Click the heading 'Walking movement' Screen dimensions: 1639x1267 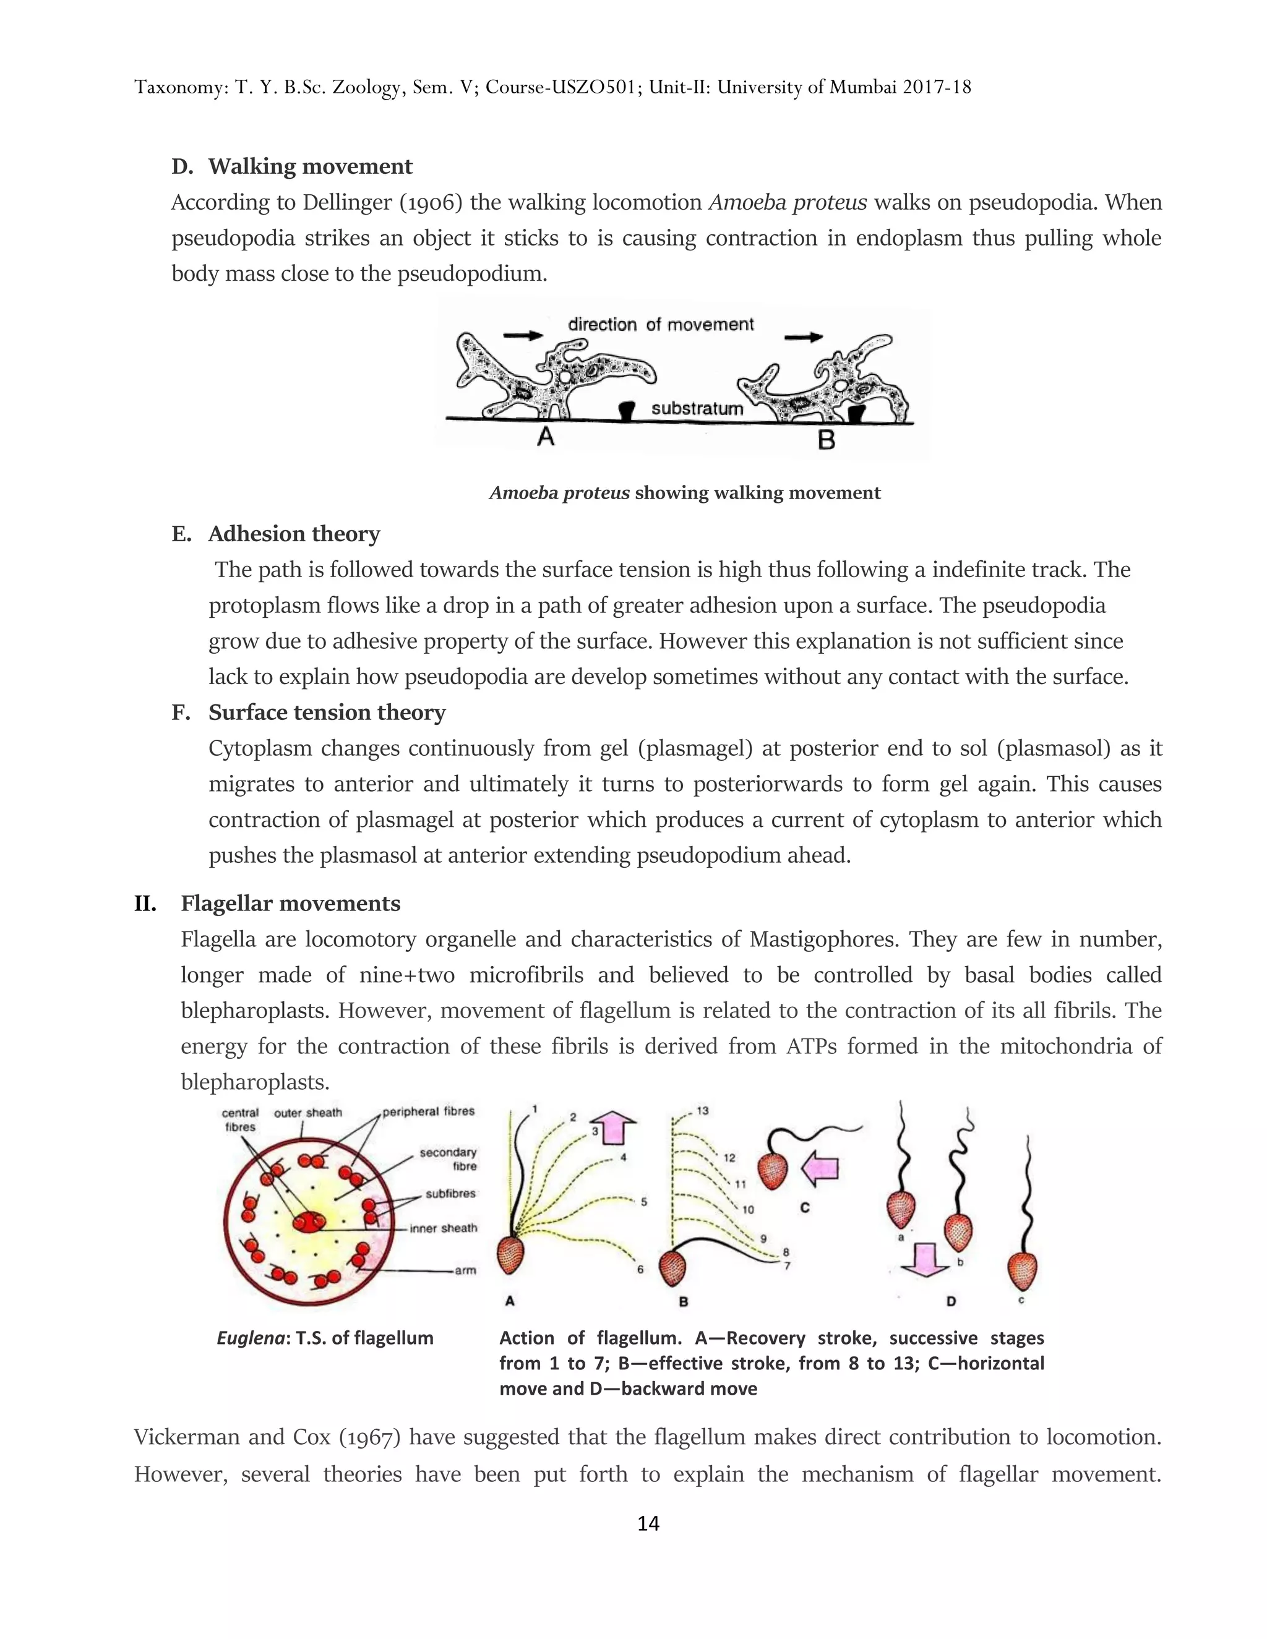pyautogui.click(x=310, y=166)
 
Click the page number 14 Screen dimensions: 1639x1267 pyautogui.click(x=648, y=1523)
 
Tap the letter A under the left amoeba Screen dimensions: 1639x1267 pyautogui.click(x=546, y=437)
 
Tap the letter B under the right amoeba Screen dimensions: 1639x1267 pyautogui.click(x=827, y=440)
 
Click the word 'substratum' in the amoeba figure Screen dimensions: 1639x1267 pyautogui.click(x=697, y=408)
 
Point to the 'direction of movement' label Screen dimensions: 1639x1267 pyautogui.click(x=661, y=324)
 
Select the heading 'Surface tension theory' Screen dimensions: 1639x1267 pyautogui.click(x=327, y=712)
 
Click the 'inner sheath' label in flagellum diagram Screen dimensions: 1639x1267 pyautogui.click(x=443, y=1228)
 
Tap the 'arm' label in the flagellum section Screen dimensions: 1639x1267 pyautogui.click(x=465, y=1270)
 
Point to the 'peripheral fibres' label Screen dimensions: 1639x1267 pyautogui.click(x=429, y=1111)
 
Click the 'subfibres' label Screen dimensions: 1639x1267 pyautogui.click(x=450, y=1193)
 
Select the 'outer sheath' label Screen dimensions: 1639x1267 pyautogui.click(x=307, y=1113)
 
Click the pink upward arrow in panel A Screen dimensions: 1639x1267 pyautogui.click(x=614, y=1127)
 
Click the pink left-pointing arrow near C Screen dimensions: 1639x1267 pyautogui.click(x=820, y=1168)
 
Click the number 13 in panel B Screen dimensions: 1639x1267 pyautogui.click(x=703, y=1111)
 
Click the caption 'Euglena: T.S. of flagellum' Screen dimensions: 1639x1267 pyautogui.click(x=325, y=1338)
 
